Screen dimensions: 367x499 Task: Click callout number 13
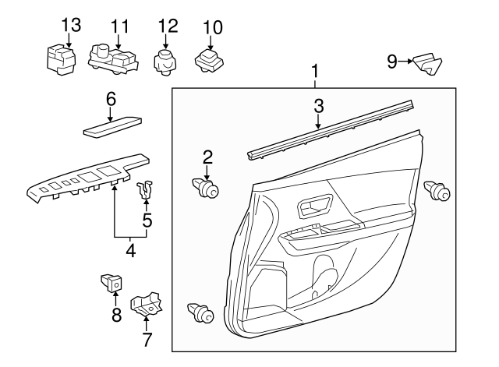(x=70, y=25)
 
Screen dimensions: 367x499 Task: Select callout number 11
(x=119, y=25)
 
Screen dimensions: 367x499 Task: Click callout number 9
(x=392, y=62)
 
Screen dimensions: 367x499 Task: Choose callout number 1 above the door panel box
(x=315, y=72)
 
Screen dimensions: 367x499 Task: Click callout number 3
(x=319, y=105)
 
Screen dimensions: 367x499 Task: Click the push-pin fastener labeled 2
(x=206, y=188)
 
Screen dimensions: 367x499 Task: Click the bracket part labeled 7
(x=146, y=305)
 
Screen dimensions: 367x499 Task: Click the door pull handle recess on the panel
(x=312, y=206)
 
